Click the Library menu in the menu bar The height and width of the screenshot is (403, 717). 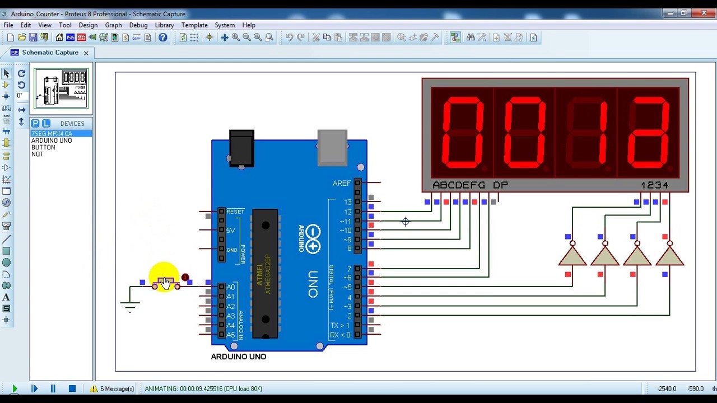point(164,25)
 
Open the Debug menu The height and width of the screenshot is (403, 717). point(138,25)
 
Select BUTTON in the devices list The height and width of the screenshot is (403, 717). point(43,147)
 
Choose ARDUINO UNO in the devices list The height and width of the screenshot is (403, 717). point(52,140)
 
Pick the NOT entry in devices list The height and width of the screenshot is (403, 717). point(38,154)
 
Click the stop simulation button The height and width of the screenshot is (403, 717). point(72,388)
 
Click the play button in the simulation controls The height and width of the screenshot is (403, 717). point(15,388)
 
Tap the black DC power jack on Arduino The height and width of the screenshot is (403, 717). point(241,148)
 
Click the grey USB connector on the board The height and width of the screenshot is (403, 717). point(332,148)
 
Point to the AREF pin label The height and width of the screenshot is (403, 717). point(342,183)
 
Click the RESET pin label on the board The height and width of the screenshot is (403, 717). point(235,212)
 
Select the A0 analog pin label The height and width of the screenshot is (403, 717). point(231,287)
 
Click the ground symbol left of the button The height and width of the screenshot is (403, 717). point(130,306)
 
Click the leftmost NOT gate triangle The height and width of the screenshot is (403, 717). point(572,256)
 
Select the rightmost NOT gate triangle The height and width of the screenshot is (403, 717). point(670,256)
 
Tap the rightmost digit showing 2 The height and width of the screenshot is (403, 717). point(649,133)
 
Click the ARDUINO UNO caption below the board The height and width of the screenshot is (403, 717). point(239,357)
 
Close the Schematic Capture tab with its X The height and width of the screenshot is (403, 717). point(86,53)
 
